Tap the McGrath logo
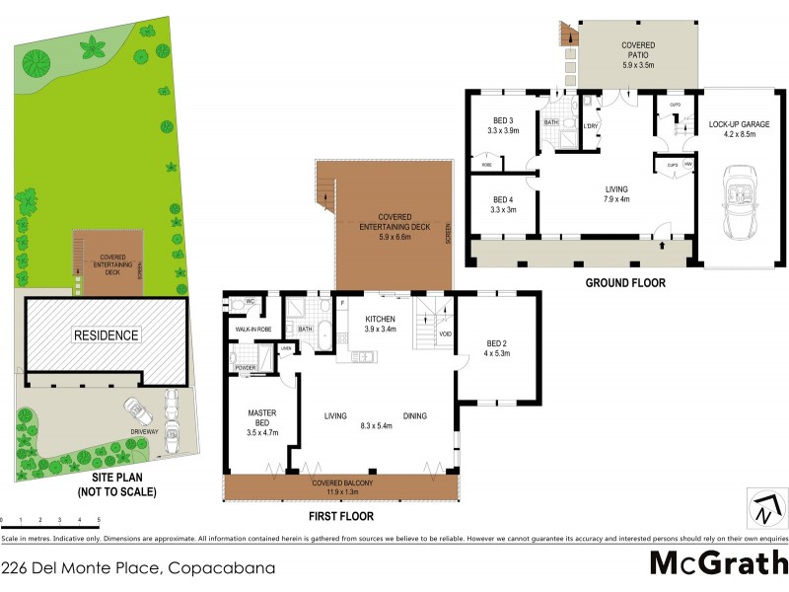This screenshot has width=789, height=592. click(718, 563)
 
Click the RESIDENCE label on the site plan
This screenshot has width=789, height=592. click(106, 335)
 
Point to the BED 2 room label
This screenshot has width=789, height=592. click(497, 345)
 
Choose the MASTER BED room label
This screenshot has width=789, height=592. click(261, 420)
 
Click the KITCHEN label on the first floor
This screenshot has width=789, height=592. click(380, 320)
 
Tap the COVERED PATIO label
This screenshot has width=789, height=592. click(638, 46)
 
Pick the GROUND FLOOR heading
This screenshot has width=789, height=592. click(625, 283)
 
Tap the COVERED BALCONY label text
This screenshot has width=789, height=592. click(341, 481)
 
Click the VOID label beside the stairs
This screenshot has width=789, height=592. click(444, 333)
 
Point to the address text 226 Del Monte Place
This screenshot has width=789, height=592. click(138, 568)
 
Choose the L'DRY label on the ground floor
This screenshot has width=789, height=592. click(592, 126)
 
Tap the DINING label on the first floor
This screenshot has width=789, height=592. click(414, 416)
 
